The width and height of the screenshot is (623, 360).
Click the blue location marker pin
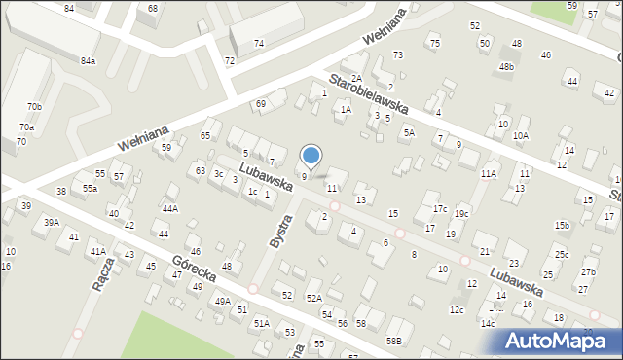[311, 155]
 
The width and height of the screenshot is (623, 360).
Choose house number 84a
[89, 60]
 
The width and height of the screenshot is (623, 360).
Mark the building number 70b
[35, 106]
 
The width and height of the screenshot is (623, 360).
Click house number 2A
[357, 79]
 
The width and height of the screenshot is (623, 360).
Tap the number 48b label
[506, 66]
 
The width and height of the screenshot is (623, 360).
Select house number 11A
[489, 173]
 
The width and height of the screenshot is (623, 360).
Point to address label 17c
[440, 208]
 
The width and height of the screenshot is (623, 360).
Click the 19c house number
[461, 213]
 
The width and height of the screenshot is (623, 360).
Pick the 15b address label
[563, 225]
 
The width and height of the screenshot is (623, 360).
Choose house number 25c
[562, 254]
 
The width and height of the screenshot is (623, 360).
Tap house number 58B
[393, 341]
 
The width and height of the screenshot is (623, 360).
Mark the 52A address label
[314, 298]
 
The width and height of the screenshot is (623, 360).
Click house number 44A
[170, 208]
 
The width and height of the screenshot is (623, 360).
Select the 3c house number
[219, 174]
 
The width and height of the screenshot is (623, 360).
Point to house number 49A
[223, 302]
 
